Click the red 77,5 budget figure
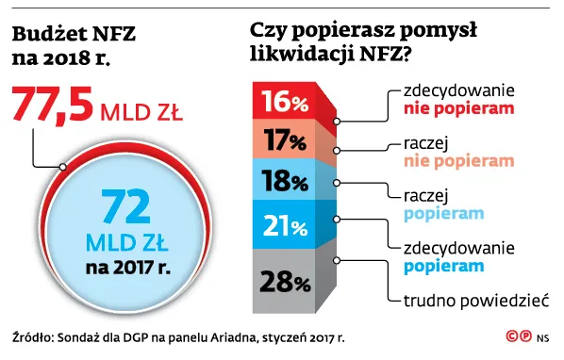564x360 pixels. coord(53,104)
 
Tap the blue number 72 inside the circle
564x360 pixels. coord(125,206)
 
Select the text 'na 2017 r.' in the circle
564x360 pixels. coord(127,268)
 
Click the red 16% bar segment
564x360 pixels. coord(284,101)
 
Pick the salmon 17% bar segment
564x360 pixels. coord(284,139)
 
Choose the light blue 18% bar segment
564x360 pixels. coord(284,180)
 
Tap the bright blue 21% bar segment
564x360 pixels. coord(284,225)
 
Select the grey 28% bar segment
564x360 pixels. coord(284,281)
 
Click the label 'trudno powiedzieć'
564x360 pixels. coord(476,301)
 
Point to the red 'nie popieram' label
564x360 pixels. coord(459,108)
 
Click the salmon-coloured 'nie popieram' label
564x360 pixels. coord(459,160)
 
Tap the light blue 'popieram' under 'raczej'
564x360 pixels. coord(444,214)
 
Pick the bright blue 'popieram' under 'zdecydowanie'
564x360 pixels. coord(444,267)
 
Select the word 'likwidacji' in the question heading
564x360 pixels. coord(302,54)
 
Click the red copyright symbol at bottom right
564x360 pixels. coord(511,335)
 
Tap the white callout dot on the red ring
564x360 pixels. coord(63,167)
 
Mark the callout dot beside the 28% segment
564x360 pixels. coord(337,260)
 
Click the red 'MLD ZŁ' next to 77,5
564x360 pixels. coord(141,112)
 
